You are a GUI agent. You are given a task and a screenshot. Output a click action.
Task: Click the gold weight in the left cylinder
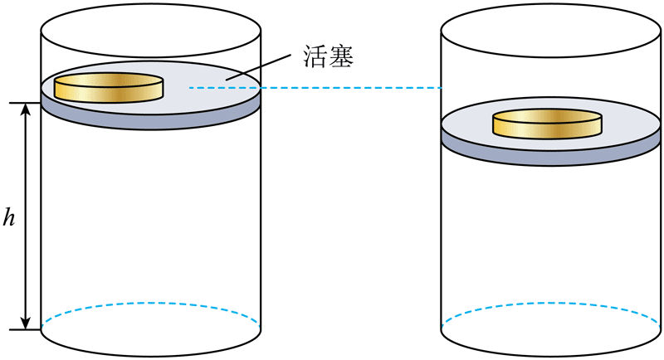coord(109,88)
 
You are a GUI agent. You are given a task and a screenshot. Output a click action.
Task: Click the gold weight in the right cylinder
coord(546,124)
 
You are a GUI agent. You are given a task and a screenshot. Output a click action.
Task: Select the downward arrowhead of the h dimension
coord(27,322)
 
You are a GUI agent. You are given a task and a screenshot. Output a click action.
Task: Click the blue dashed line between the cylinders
coord(315,87)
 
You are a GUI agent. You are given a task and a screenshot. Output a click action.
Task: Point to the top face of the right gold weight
coord(546,115)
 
